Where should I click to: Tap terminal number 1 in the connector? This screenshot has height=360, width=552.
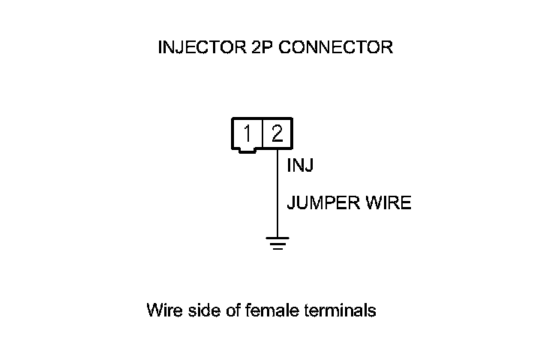247,134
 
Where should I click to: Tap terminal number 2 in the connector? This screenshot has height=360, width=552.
277,134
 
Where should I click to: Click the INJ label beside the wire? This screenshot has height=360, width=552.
300,166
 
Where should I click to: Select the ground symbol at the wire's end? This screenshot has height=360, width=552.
277,242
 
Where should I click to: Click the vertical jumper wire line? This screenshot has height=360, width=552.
277,195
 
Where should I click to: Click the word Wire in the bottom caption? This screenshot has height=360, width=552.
163,310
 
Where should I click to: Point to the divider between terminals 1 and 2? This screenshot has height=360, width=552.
262,134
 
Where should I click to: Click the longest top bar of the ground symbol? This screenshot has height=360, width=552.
277,238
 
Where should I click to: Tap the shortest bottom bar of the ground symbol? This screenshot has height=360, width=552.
277,247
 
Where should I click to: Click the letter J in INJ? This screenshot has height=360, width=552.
308,166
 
